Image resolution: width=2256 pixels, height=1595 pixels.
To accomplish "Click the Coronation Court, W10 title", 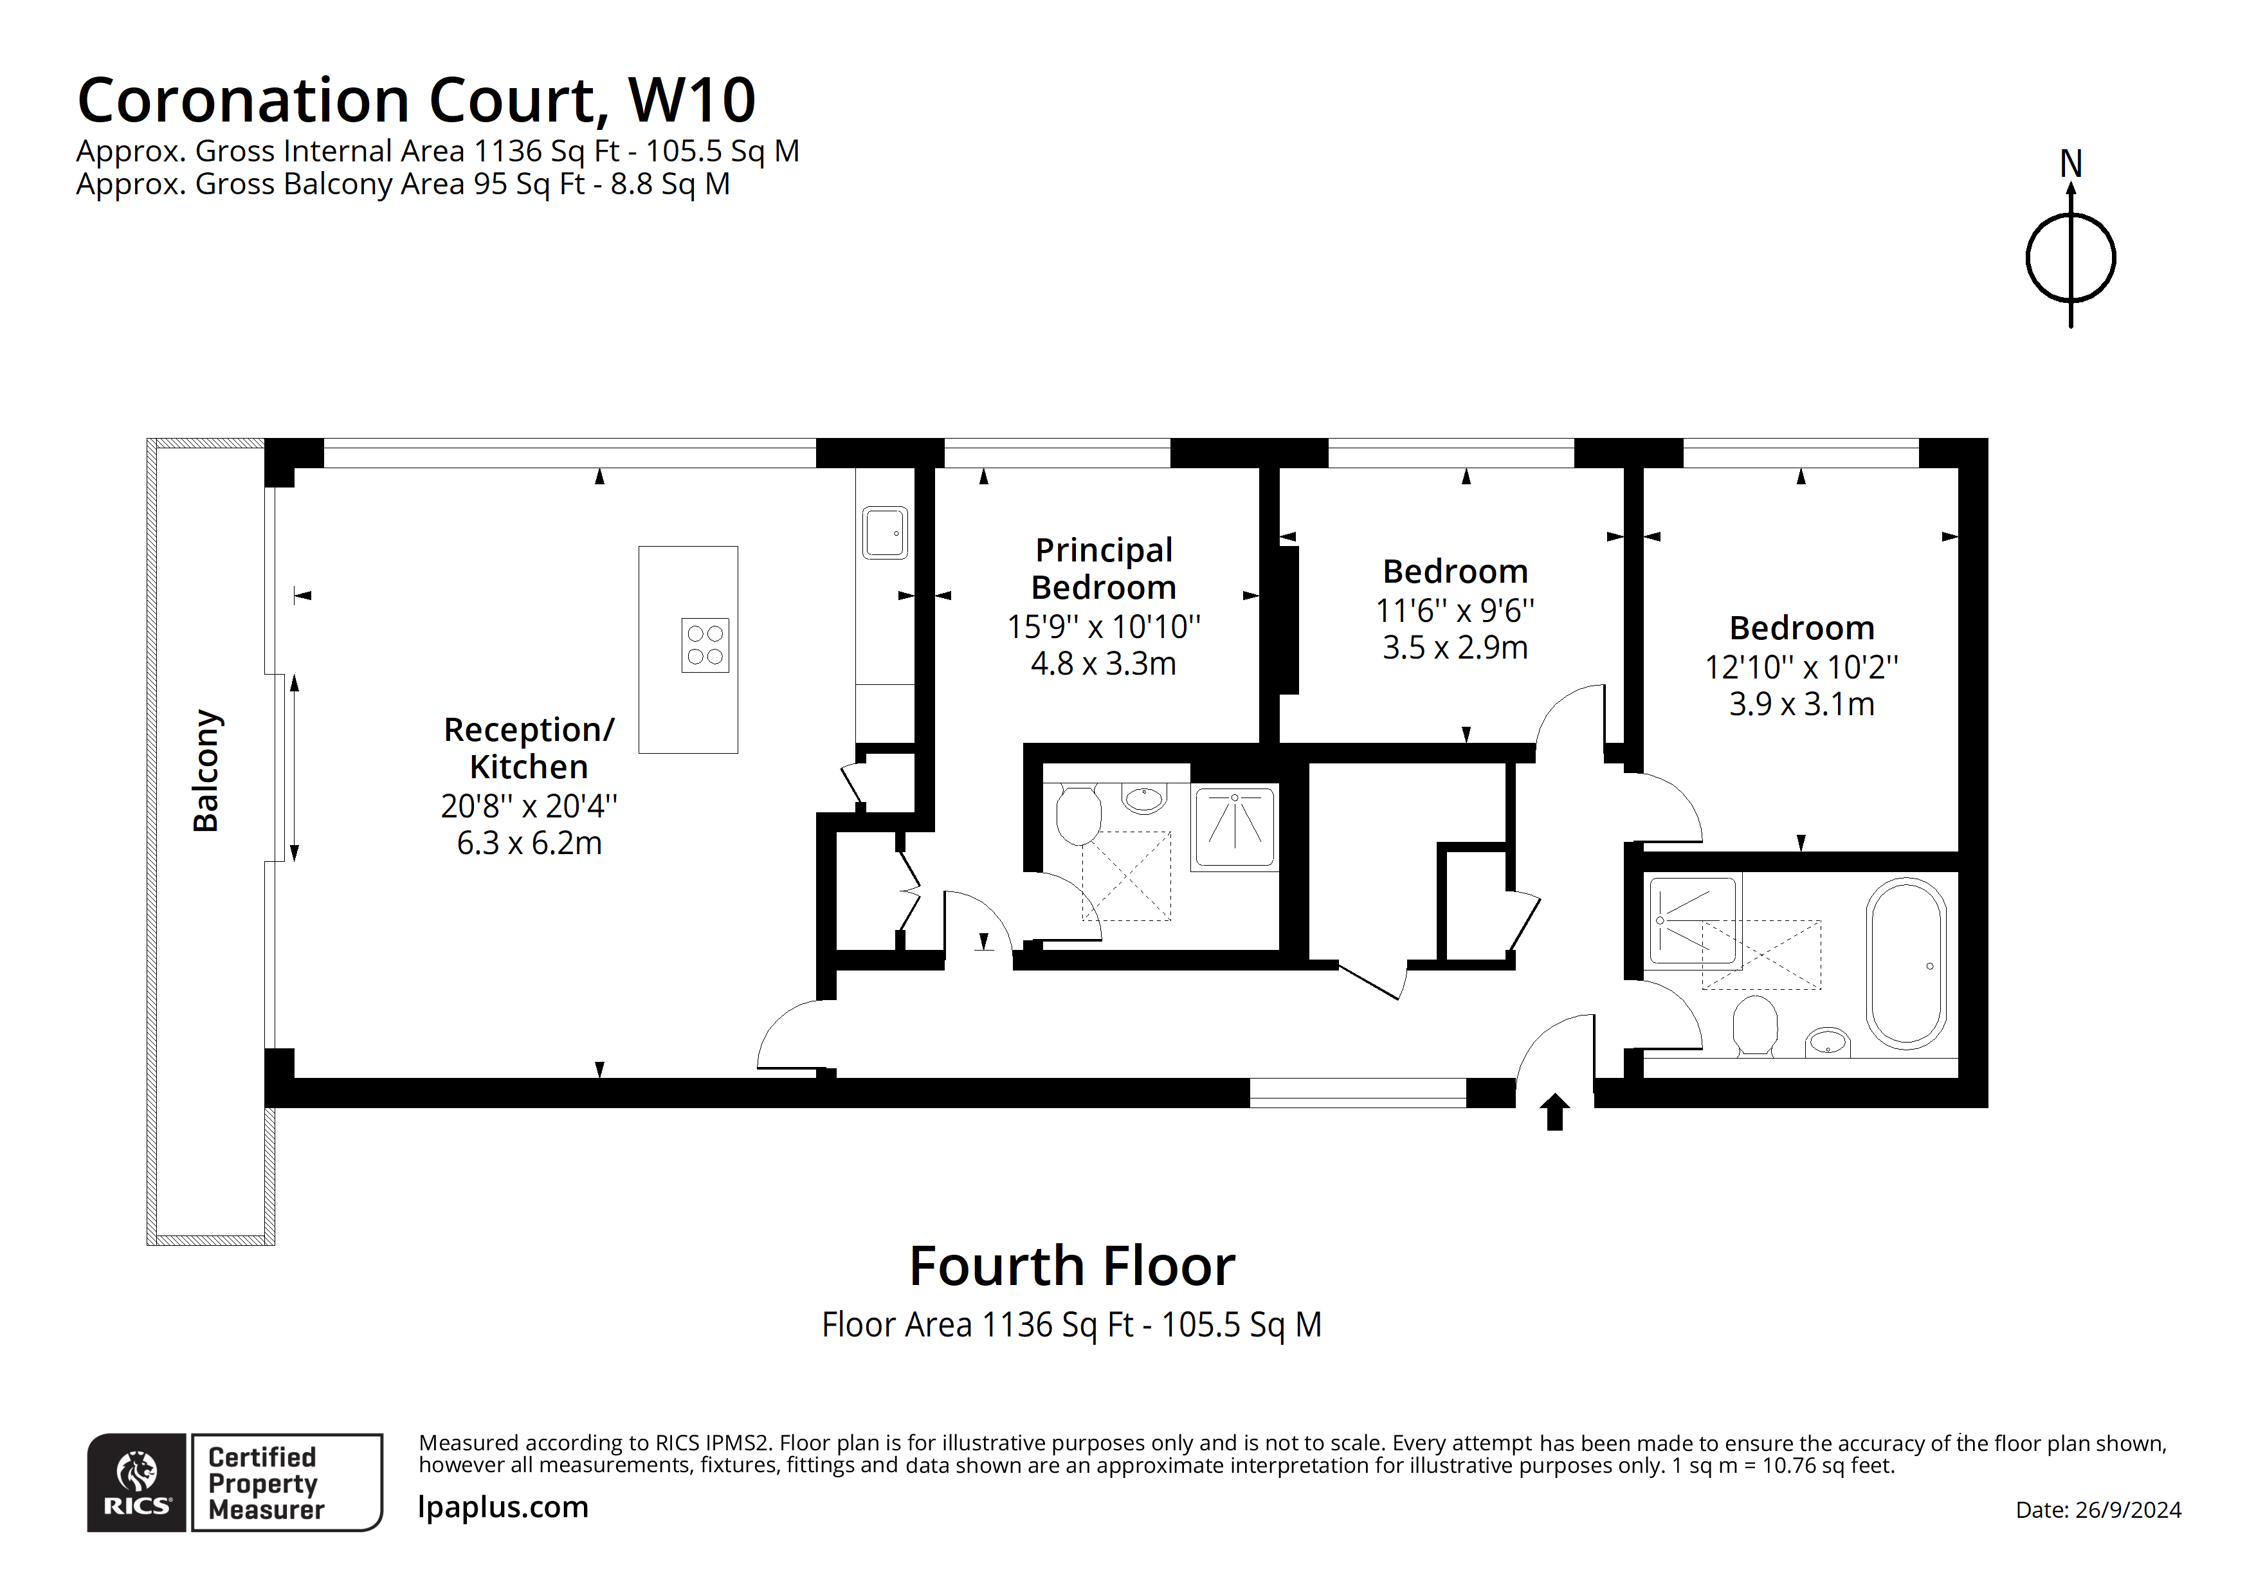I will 417,100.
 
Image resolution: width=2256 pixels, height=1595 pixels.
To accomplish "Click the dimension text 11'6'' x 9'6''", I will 1454,610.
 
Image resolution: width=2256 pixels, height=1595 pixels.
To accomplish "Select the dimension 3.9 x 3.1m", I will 1801,704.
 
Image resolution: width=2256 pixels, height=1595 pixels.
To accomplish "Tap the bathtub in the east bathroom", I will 1906,963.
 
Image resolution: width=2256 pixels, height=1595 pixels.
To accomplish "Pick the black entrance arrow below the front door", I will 1554,1113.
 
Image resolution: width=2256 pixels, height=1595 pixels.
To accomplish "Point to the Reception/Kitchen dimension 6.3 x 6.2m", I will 529,843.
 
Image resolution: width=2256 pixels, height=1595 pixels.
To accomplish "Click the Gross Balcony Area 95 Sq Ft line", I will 403,184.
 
